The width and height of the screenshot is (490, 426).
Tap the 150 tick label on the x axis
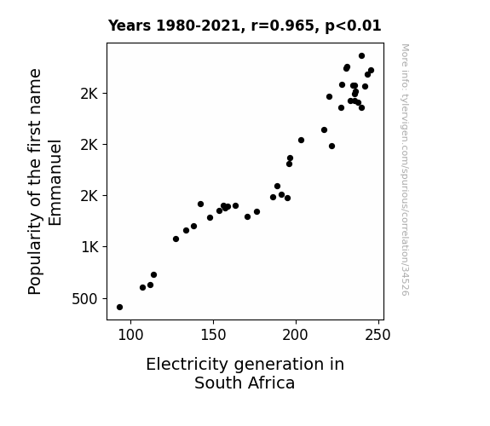213,335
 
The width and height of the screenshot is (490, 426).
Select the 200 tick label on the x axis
296,335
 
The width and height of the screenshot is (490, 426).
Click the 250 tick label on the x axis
378,335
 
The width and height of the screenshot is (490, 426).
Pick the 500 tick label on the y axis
84,299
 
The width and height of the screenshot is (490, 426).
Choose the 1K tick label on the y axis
89,247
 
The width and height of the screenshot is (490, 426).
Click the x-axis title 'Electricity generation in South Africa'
245,373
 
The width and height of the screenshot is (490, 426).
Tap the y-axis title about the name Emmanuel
44,181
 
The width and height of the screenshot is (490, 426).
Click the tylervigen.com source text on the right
405,170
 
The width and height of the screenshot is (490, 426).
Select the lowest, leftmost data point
119,308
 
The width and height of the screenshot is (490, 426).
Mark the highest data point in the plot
361,56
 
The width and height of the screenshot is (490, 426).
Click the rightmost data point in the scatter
371,71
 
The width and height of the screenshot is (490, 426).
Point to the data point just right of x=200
301,140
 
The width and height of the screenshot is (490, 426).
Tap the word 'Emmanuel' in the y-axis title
55,182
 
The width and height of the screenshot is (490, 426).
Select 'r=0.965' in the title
283,26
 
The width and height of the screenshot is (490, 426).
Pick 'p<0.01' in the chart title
353,26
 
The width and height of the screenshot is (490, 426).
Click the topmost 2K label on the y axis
89,94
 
